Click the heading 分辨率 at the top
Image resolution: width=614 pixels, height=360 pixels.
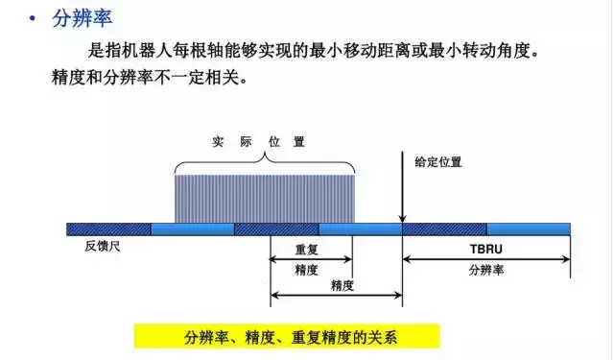tap(76, 16)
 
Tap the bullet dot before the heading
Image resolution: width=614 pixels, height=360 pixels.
tap(33, 17)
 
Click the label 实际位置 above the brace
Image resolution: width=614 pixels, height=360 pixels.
tap(259, 141)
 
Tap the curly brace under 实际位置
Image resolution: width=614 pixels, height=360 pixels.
tap(264, 163)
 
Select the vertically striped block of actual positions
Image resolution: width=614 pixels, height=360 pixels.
tap(264, 198)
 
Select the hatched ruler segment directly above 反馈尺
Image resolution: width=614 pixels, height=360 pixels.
tap(109, 228)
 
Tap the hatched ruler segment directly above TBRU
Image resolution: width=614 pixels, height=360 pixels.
tap(444, 228)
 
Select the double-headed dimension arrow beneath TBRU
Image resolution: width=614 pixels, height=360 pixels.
tap(486, 259)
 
